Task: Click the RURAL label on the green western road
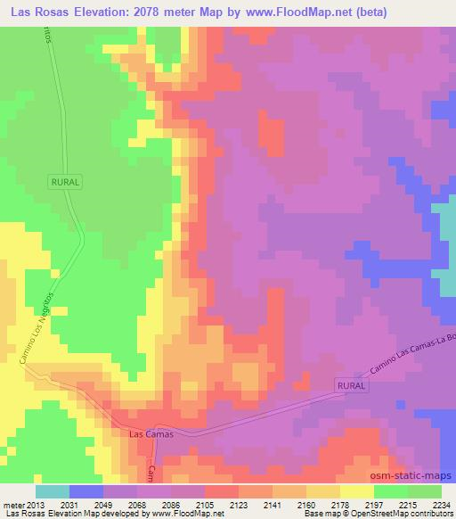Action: [65, 181]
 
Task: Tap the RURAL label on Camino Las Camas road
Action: [350, 384]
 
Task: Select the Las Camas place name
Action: [148, 435]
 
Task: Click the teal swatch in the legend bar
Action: [52, 491]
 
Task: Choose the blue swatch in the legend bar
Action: [85, 491]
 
